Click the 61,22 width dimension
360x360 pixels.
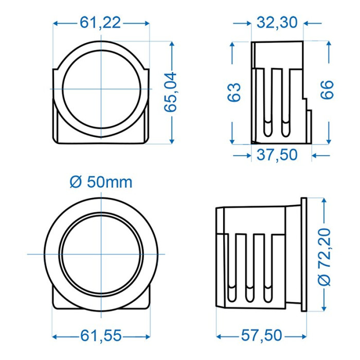(x=100, y=23)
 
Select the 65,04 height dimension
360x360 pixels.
(x=170, y=92)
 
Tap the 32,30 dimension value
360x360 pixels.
(x=277, y=23)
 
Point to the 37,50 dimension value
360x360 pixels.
(x=277, y=155)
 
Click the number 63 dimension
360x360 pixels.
(x=234, y=92)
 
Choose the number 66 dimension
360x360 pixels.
(x=327, y=90)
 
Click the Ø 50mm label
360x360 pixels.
(x=101, y=183)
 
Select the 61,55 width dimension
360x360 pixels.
(x=101, y=336)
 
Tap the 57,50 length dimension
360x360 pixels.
(x=261, y=335)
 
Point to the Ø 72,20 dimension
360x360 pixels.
(x=324, y=257)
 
